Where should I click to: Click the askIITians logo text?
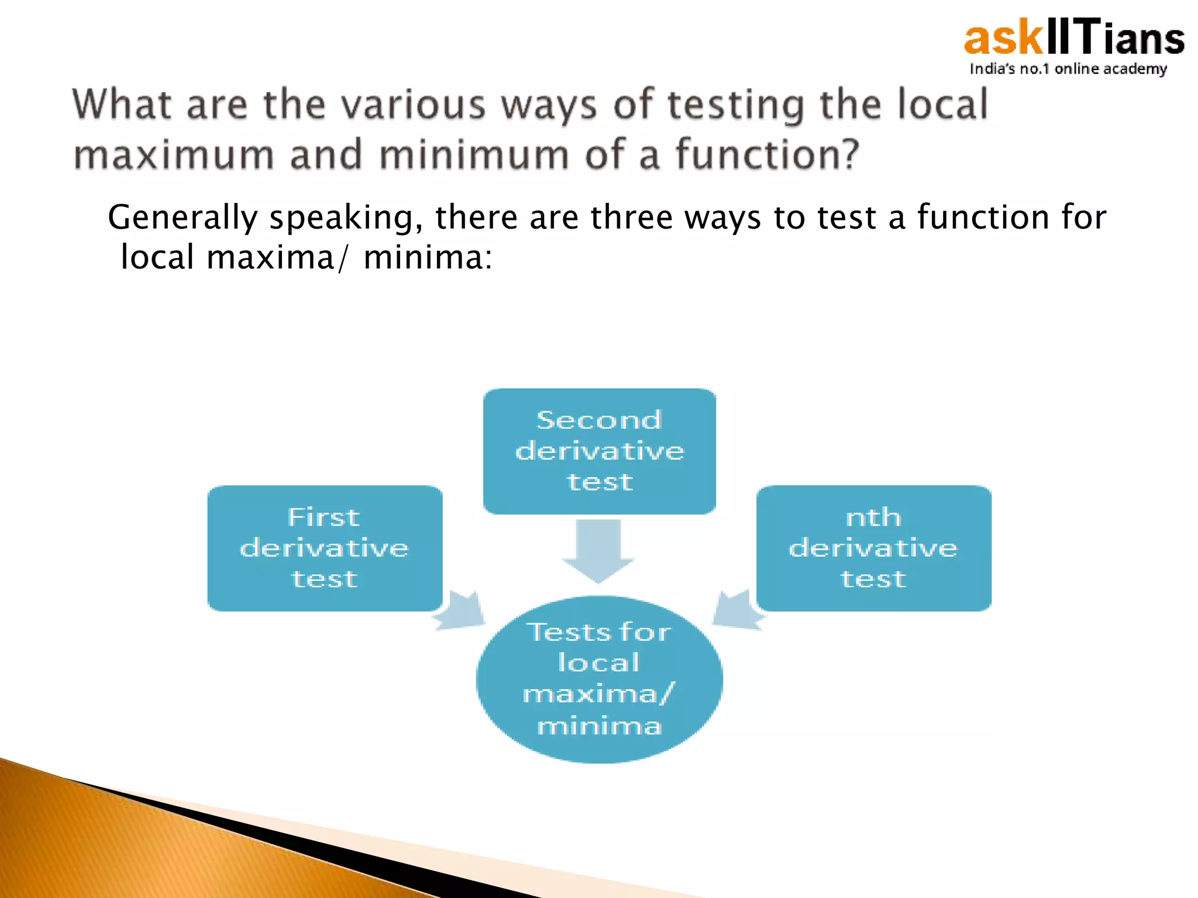coord(1073,39)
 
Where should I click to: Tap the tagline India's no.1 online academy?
coord(1068,69)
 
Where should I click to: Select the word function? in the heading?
coord(767,155)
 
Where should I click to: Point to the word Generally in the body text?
coord(183,217)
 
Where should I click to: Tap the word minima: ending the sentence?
coord(428,257)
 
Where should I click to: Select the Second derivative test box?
coord(599,451)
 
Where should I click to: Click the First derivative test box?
coord(325,548)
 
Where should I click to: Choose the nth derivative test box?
coord(873,548)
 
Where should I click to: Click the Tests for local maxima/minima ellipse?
coord(599,679)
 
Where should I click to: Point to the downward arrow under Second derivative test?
coord(598,550)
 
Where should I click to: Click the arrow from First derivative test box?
coord(463,612)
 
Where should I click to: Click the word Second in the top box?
coord(599,420)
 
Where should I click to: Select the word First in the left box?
coord(323,517)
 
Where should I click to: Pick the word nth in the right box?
coord(873,517)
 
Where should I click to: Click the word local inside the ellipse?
coord(598,662)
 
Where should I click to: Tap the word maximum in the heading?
coord(174,155)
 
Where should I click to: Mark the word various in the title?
coord(413,105)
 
